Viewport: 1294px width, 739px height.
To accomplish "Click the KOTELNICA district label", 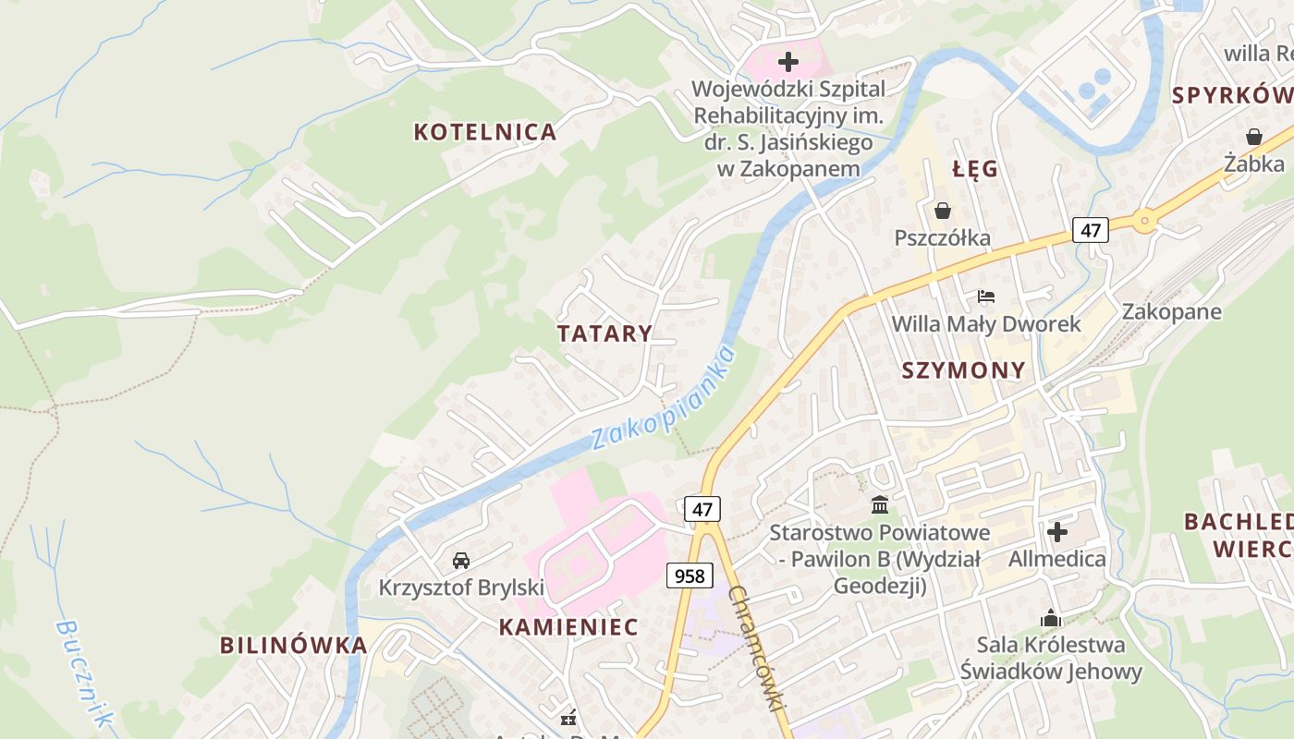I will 485,132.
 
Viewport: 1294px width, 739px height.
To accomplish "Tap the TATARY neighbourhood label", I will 604,333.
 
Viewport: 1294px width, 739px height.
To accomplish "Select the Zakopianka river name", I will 664,397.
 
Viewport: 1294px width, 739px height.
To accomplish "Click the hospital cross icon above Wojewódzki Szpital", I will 788,62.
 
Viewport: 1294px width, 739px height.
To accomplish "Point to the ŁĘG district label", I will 975,169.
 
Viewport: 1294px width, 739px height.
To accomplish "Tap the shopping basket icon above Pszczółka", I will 943,211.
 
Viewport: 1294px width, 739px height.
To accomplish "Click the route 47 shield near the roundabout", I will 1091,230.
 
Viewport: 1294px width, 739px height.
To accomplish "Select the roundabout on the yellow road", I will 1145,220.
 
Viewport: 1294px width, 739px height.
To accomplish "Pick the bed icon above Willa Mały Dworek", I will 986,297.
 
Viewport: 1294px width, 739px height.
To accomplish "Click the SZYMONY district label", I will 963,370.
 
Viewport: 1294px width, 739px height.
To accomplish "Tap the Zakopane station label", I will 1171,311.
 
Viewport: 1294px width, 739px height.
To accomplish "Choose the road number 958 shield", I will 690,575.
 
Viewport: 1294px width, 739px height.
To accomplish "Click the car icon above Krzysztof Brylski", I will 460,560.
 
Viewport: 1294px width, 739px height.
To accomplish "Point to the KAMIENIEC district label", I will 568,627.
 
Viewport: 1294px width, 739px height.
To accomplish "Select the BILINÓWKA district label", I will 294,645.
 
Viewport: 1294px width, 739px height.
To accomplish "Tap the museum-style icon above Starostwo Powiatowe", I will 880,505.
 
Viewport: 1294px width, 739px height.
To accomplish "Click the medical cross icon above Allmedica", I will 1057,531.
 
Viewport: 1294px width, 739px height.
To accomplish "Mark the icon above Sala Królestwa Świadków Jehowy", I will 1051,617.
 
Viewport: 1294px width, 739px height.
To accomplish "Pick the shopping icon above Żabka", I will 1254,137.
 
